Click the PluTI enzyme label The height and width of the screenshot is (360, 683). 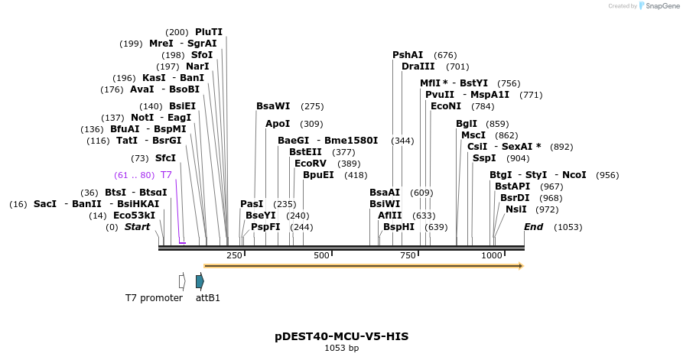pyautogui.click(x=208, y=32)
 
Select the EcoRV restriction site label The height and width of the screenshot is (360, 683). pyautogui.click(x=311, y=164)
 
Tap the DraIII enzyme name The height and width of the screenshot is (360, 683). pyautogui.click(x=418, y=66)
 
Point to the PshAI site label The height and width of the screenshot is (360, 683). pyautogui.click(x=408, y=55)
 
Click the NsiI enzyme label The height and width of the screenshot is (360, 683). pyautogui.click(x=516, y=209)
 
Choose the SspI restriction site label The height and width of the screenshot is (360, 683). pyautogui.click(x=484, y=158)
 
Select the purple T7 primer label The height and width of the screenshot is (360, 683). pyautogui.click(x=166, y=175)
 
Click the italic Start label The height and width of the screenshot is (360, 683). pyautogui.click(x=138, y=227)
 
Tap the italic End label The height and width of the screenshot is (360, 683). pyautogui.click(x=533, y=227)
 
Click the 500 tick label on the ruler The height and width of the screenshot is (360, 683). pyautogui.click(x=321, y=255)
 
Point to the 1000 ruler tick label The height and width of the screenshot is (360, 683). pyautogui.click(x=492, y=255)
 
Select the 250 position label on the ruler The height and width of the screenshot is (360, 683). pyautogui.click(x=234, y=255)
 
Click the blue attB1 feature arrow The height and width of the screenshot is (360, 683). pyautogui.click(x=200, y=281)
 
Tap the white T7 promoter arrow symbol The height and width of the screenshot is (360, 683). pyautogui.click(x=182, y=281)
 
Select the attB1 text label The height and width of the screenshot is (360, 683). pyautogui.click(x=208, y=298)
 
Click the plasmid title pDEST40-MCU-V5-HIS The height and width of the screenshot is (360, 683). pyautogui.click(x=341, y=336)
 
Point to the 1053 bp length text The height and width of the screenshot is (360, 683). pyautogui.click(x=341, y=349)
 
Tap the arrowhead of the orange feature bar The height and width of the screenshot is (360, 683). pyautogui.click(x=521, y=266)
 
